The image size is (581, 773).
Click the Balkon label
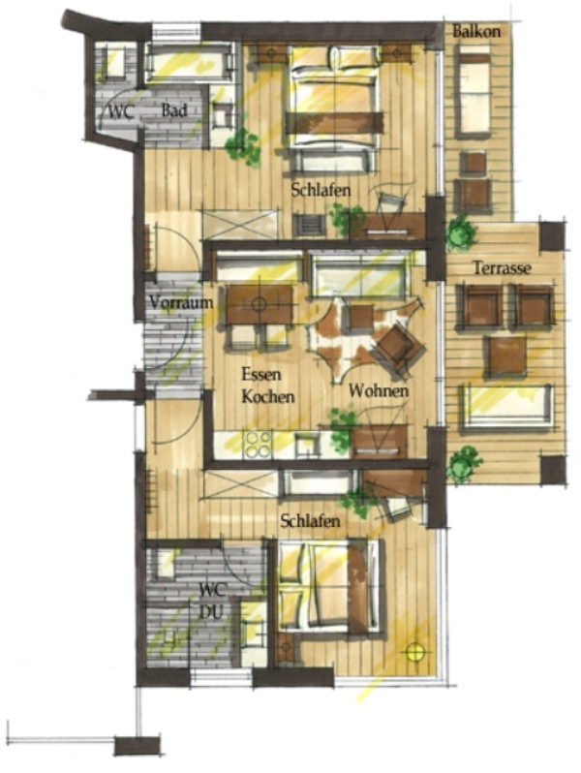point(476,32)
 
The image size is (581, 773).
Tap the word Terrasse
point(503,268)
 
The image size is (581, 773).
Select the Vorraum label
point(181,302)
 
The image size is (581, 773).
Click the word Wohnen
point(379,391)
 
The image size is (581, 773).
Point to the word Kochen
point(268,396)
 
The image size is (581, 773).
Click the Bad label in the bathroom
point(174,110)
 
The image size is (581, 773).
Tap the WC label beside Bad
point(120,112)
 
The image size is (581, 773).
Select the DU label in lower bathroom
point(210,612)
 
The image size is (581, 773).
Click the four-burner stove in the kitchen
point(259,445)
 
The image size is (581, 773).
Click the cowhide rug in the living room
point(364,337)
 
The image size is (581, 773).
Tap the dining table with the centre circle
point(260,304)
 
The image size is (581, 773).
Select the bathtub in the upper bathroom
point(190,62)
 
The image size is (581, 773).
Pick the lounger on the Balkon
point(473,91)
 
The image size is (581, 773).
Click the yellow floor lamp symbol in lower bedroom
point(415,652)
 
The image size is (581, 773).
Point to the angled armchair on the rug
point(398,349)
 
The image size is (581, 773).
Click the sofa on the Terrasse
point(505,407)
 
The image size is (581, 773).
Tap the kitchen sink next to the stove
point(308,445)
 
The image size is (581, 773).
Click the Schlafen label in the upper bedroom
point(321,190)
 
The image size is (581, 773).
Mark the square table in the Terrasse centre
point(507,355)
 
